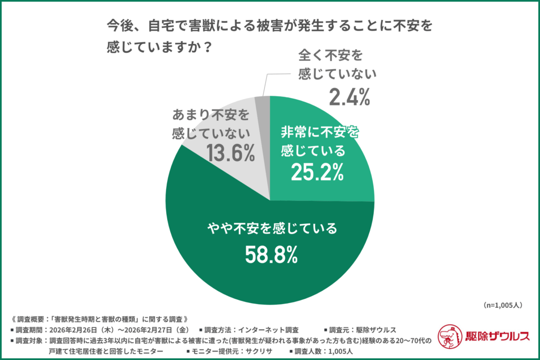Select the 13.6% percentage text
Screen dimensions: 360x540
[x=230, y=153]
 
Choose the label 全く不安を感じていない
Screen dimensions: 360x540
[x=337, y=64]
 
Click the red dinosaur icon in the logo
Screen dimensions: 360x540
[x=451, y=336]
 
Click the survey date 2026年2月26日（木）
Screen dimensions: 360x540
[x=80, y=329]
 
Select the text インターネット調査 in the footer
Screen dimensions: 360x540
[x=269, y=329]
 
